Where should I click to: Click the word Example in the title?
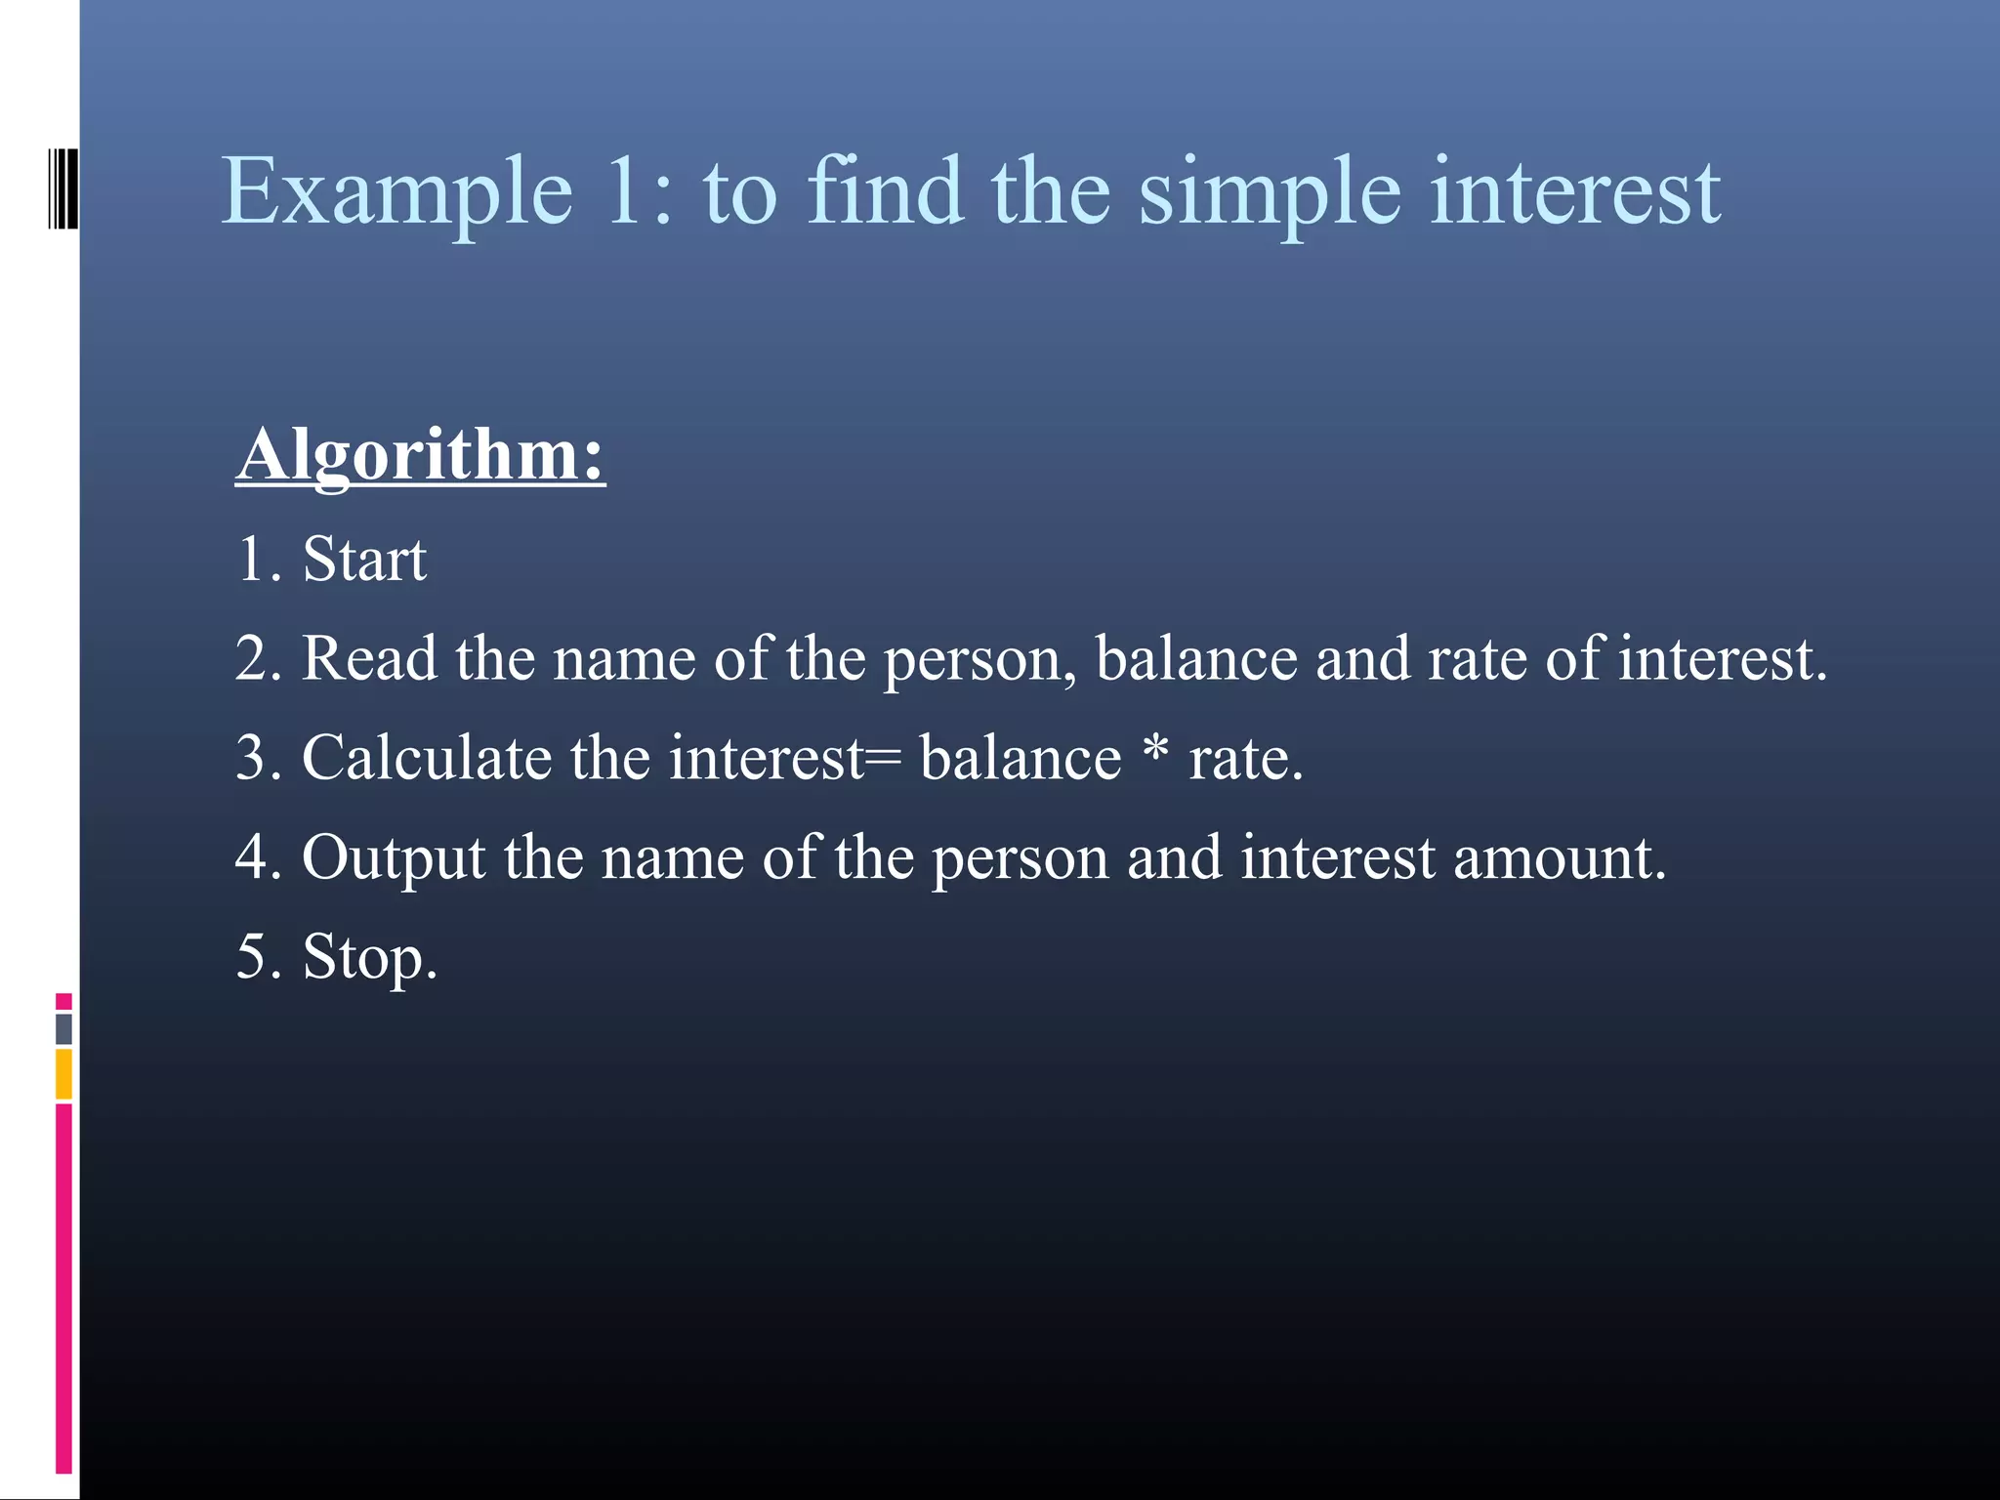(396, 192)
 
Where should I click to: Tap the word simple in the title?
(1269, 192)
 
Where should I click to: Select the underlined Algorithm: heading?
(420, 456)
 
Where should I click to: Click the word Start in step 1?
(363, 560)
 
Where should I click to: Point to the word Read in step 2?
(368, 658)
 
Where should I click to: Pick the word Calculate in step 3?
(427, 758)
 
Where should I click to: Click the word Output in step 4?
(393, 858)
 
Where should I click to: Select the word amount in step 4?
(1558, 858)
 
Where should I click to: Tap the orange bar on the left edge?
(63, 1073)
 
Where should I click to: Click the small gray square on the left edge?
(63, 1028)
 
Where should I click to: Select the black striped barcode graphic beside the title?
(62, 188)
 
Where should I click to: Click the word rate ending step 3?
(1238, 759)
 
